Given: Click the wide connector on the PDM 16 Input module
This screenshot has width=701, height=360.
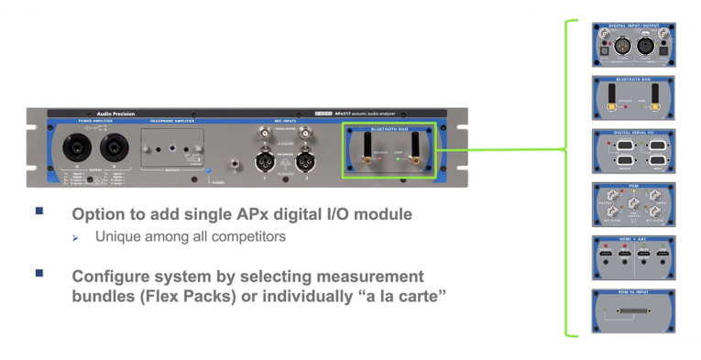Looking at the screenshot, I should point(632,313).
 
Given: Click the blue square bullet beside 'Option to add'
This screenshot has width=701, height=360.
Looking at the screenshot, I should point(39,211).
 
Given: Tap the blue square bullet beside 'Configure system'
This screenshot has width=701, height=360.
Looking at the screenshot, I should point(39,273).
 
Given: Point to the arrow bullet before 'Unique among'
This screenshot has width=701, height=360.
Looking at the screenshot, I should point(78,237).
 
